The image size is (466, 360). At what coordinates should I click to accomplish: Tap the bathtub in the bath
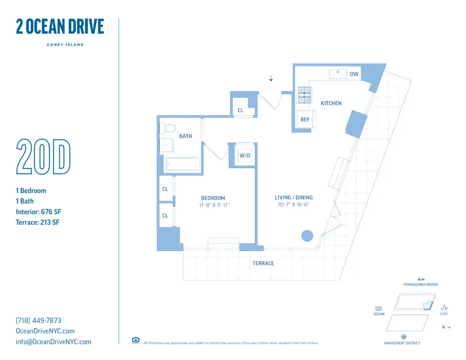182,164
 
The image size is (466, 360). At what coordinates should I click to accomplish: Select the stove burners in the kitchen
304,95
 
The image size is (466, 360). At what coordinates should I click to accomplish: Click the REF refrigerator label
305,120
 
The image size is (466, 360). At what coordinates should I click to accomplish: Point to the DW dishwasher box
354,74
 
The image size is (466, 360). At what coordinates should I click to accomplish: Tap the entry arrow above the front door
271,79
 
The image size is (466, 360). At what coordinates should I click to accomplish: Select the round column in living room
307,236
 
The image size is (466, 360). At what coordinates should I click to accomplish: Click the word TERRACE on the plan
263,263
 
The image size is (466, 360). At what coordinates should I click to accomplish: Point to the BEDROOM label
213,198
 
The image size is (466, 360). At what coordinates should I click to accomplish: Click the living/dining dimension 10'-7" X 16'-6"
294,204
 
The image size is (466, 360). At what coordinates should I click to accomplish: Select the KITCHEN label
331,103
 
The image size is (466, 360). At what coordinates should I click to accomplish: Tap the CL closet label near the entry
240,110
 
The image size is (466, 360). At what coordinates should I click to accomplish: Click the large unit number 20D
43,156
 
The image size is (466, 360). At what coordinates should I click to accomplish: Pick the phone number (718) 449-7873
39,320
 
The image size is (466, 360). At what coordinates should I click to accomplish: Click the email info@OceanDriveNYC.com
54,342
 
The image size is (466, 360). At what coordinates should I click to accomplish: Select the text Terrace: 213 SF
38,222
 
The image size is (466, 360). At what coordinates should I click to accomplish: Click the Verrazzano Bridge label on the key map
421,285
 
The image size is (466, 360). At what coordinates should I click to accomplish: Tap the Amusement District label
402,343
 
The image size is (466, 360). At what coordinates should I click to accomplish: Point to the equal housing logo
136,340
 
